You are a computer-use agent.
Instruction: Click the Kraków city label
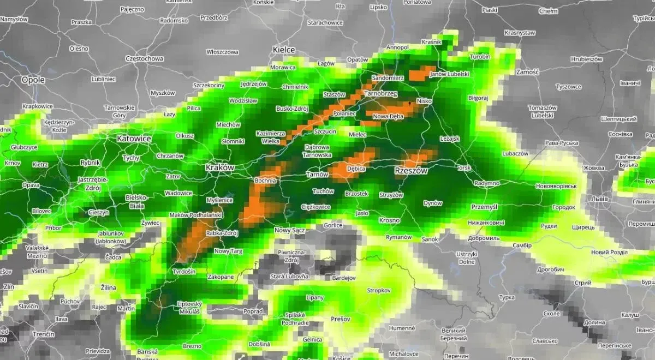click(x=220, y=168)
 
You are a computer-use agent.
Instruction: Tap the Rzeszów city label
click(x=411, y=171)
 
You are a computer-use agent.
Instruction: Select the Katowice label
click(x=134, y=139)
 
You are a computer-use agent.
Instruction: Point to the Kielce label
click(x=284, y=50)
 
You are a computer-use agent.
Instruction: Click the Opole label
click(x=33, y=80)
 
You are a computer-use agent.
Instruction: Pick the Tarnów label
click(x=317, y=175)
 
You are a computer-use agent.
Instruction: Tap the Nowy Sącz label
click(x=289, y=230)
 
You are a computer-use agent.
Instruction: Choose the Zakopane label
click(x=221, y=277)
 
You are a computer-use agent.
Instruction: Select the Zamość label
click(x=527, y=71)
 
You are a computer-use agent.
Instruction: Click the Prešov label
click(x=340, y=319)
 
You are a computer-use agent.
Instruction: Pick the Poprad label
click(x=253, y=311)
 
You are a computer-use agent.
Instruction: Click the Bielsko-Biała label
click(x=136, y=201)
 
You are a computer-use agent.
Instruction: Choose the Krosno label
click(x=389, y=220)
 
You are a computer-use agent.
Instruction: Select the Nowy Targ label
click(x=229, y=251)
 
